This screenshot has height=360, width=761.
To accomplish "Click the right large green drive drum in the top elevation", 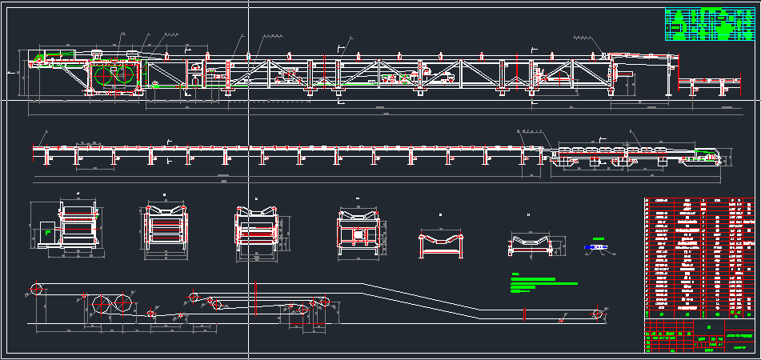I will (x=126, y=78).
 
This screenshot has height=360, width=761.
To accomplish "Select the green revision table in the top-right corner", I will (x=709, y=25).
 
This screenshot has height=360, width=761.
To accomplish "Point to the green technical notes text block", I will (x=543, y=281).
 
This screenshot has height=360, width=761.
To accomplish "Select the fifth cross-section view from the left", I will (x=443, y=243).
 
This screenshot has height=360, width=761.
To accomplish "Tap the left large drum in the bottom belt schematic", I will (x=102, y=305).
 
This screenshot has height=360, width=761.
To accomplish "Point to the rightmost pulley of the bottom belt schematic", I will (x=597, y=312).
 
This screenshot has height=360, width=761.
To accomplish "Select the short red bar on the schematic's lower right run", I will (x=524, y=314).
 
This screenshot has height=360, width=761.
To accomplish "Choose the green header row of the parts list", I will (x=698, y=202).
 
